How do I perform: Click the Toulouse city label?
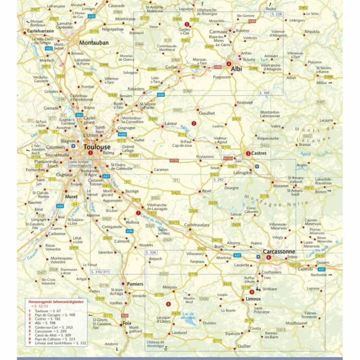pos(97,146)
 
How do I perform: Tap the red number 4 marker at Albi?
pos(228,64)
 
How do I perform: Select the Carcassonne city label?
pos(279,252)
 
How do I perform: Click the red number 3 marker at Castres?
pos(248,154)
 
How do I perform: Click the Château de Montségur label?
pos(155,344)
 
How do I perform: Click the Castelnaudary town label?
pos(196,225)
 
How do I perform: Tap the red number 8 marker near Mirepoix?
pos(168,304)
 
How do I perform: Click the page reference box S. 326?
pos(151,252)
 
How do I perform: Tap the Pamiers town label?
pos(135,284)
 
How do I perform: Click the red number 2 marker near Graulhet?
pos(194,123)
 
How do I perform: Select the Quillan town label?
pos(244,346)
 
